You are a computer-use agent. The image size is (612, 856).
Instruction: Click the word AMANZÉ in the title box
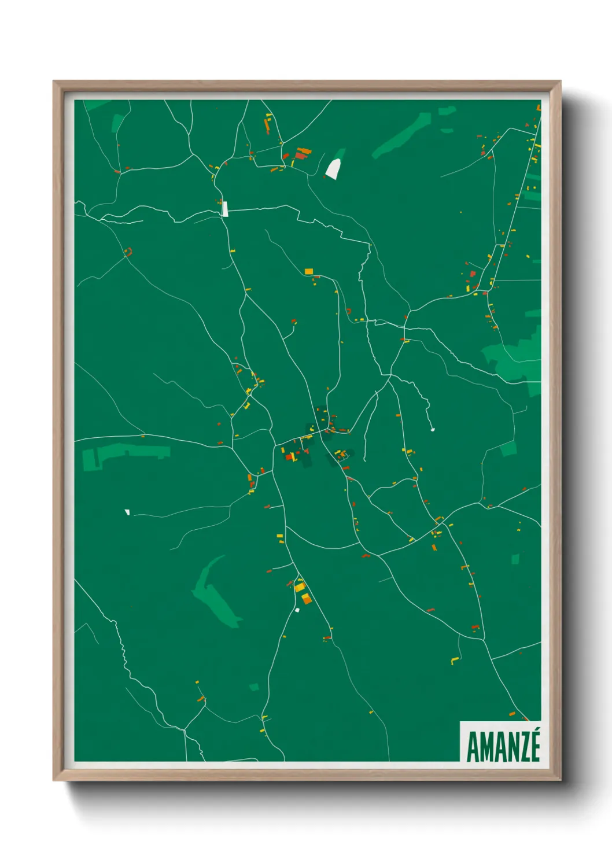click(503, 747)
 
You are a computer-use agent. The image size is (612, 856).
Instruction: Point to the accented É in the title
click(534, 745)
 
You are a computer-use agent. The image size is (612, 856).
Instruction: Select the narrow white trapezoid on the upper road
click(225, 208)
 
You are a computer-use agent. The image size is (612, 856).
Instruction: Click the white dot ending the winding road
click(432, 429)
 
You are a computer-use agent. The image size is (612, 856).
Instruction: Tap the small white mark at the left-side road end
click(127, 512)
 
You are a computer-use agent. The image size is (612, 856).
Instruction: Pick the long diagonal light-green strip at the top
click(403, 135)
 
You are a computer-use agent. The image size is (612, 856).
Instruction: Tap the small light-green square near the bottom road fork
click(254, 687)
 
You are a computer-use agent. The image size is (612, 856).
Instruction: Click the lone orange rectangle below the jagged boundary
click(309, 271)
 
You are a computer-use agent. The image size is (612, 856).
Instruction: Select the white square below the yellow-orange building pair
click(297, 610)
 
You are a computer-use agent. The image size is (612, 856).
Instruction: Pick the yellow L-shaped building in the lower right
click(455, 660)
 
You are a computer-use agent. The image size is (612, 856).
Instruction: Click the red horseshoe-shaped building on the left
click(128, 252)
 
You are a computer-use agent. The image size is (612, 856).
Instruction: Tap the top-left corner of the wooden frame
click(56, 83)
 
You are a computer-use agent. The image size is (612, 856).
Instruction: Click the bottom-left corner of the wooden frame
click(56, 778)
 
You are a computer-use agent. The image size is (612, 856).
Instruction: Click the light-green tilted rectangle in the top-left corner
click(117, 123)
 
